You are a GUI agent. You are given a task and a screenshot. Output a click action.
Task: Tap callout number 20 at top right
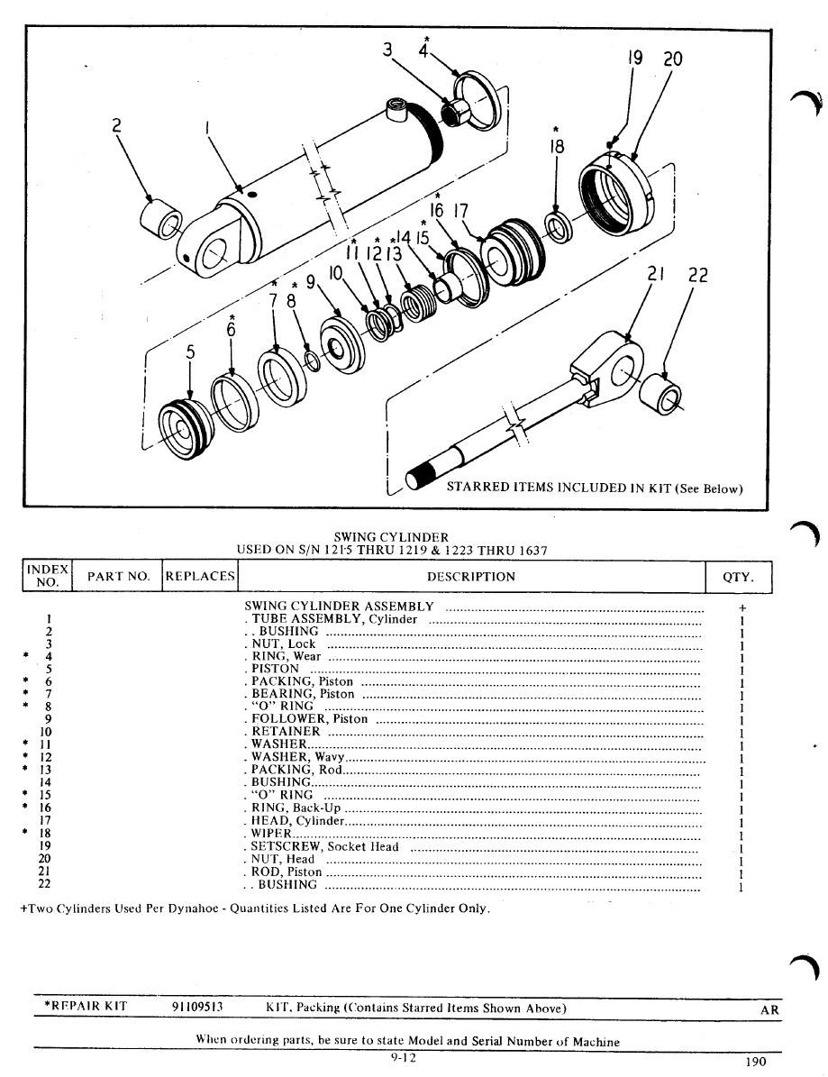coord(673,60)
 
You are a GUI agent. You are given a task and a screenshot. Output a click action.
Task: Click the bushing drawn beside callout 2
coord(161,219)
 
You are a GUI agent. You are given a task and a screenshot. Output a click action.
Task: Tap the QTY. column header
coord(739,577)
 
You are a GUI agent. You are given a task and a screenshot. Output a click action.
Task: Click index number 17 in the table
coord(44,821)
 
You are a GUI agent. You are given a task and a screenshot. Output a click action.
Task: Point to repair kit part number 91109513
coord(197,1007)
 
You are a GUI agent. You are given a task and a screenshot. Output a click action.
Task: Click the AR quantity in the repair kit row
coord(769,1010)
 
